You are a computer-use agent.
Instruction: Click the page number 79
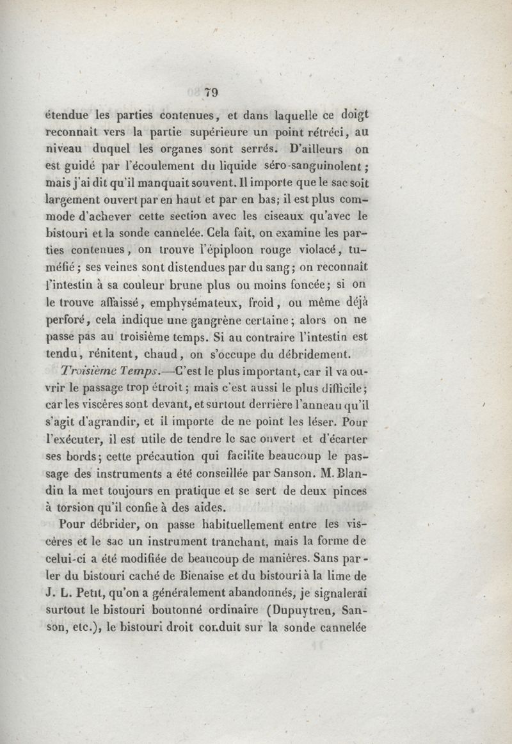tap(211, 92)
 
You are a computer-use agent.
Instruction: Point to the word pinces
tap(349, 490)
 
